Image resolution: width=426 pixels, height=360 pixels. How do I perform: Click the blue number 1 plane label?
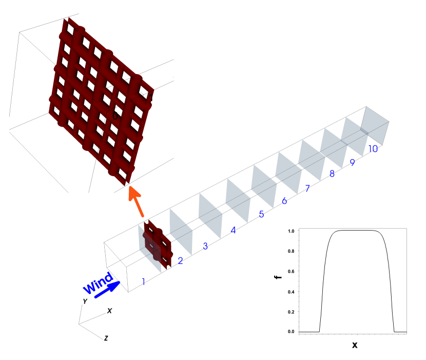143,282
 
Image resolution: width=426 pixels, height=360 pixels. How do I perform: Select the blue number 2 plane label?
180,261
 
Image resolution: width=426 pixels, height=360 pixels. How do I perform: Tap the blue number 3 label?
205,246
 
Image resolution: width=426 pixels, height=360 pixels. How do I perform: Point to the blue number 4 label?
233,230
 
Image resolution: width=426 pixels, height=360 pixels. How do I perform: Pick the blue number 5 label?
261,214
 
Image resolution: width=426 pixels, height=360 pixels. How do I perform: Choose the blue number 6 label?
284,201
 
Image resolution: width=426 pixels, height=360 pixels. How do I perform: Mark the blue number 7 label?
307,188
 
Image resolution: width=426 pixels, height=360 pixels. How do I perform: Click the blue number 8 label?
332,174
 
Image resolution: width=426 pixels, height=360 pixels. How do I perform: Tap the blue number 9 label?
353,162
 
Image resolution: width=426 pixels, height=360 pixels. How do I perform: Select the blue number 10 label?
373,149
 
